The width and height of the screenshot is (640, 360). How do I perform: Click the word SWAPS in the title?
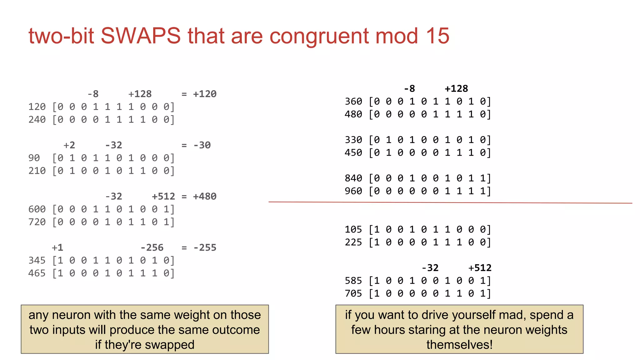click(140, 36)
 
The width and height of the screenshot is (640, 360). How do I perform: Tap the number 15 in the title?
click(437, 36)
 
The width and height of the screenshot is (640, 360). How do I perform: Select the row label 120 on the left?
click(37, 107)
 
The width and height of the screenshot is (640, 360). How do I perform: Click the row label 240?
click(37, 120)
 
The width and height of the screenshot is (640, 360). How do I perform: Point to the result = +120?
click(199, 94)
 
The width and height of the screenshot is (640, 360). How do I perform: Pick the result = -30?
click(196, 145)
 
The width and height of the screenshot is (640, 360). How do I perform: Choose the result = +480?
click(199, 197)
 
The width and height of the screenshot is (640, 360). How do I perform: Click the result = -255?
click(199, 248)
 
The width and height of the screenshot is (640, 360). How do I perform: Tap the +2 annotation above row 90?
click(69, 145)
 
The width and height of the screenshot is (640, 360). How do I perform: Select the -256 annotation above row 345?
click(152, 248)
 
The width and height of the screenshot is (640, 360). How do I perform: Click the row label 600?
click(37, 209)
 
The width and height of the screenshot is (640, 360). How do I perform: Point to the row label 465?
click(37, 273)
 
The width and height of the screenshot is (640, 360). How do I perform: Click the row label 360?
click(353, 102)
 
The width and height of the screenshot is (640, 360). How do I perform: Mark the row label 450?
click(353, 153)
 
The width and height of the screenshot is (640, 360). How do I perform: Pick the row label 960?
click(353, 191)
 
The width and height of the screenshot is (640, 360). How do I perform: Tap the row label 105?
click(353, 230)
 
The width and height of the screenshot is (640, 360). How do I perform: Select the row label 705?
click(353, 294)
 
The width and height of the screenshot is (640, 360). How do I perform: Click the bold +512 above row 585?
click(480, 268)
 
